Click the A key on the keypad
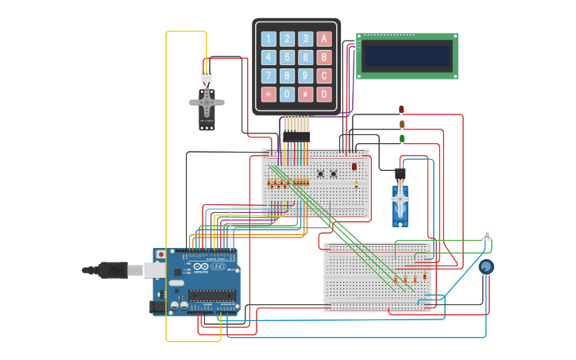(323, 39)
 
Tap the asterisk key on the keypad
(269, 94)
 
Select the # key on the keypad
(305, 94)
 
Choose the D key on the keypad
(323, 94)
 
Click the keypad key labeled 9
(305, 75)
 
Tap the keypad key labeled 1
(269, 39)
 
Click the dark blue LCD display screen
(407, 56)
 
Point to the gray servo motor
(207, 106)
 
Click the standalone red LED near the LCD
(401, 110)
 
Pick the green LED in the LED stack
(401, 138)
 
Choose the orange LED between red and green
(401, 124)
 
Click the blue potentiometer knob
(485, 266)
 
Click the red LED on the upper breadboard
(354, 167)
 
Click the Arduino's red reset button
(161, 255)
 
